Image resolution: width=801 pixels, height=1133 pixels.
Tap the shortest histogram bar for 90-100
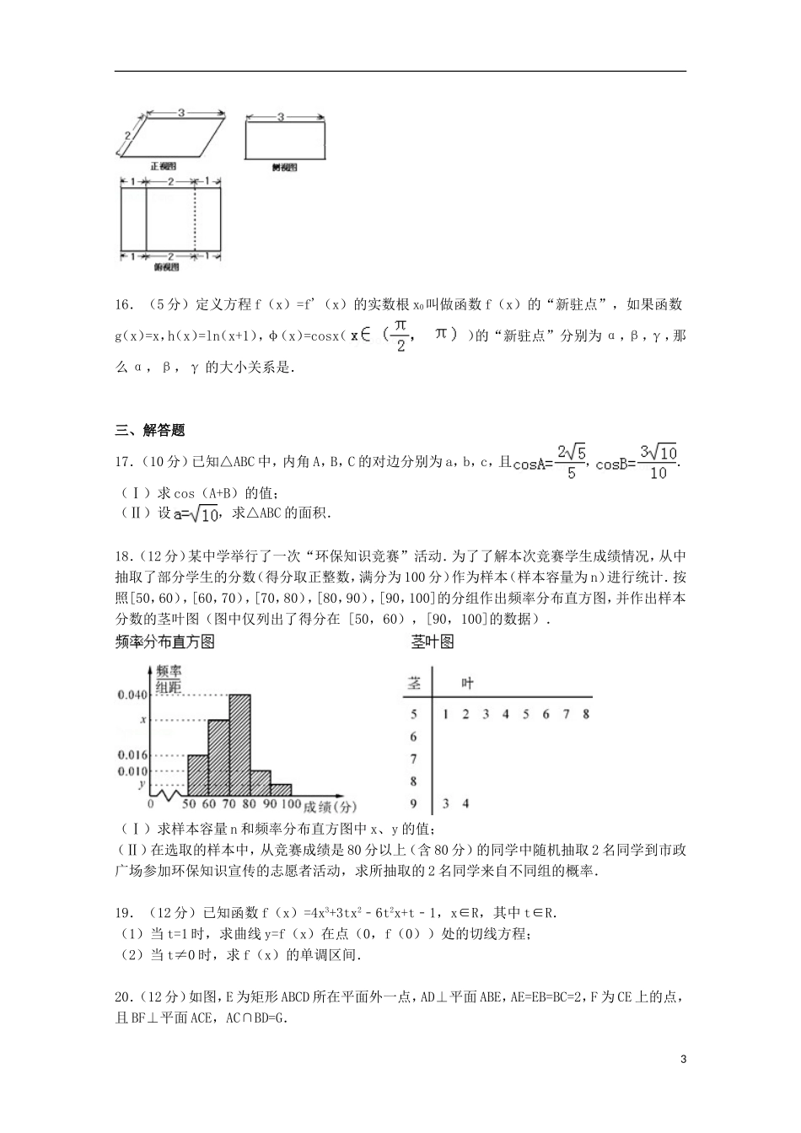pos(281,790)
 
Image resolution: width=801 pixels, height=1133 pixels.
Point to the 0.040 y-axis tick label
pos(132,695)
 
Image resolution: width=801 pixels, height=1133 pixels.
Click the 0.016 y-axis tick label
pos(132,755)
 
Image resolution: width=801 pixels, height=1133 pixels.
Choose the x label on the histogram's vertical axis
pos(143,720)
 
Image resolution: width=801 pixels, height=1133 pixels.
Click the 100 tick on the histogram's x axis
pos(291,804)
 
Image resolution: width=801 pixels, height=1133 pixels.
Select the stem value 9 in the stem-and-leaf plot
pos(413,803)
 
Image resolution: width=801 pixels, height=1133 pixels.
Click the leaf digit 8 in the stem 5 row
pos(585,714)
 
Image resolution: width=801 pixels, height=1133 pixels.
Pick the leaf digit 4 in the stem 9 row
pos(465,803)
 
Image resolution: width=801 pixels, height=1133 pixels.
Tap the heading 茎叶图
pos(433,642)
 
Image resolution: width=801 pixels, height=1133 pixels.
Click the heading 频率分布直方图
pos(164,642)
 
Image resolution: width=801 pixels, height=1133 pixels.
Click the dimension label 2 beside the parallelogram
pos(126,135)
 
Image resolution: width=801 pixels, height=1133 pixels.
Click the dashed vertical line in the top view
pos(196,217)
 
